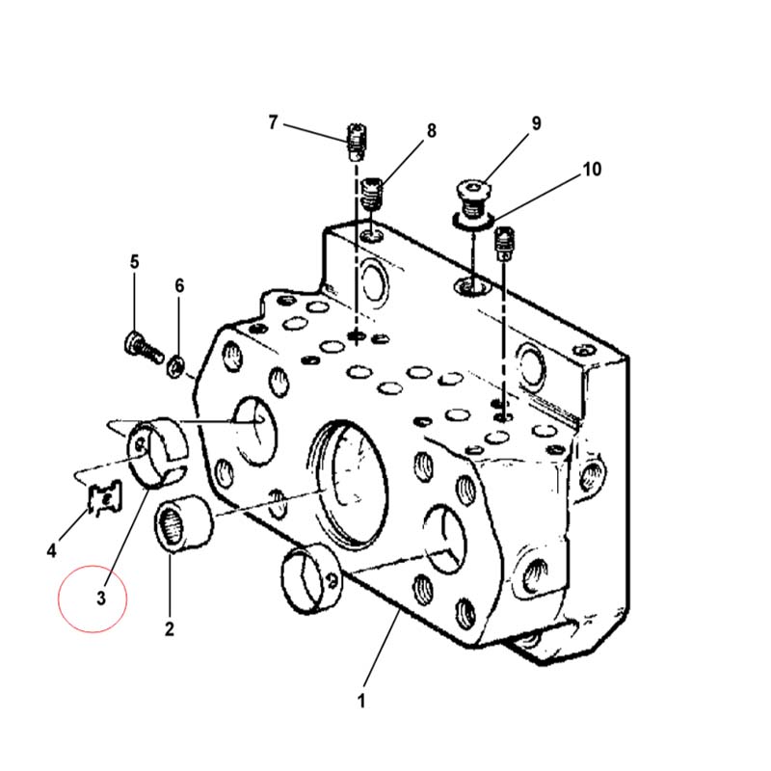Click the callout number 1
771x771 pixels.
click(361, 701)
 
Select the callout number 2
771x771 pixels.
click(170, 629)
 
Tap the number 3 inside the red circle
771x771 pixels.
click(101, 598)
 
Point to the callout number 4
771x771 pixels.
click(52, 550)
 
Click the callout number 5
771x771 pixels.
click(134, 261)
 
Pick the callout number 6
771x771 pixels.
click(179, 285)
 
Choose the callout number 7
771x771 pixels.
click(274, 122)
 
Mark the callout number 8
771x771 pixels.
click(431, 131)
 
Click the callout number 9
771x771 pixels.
click(537, 123)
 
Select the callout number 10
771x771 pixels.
click(592, 170)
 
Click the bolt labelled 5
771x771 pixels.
click(142, 348)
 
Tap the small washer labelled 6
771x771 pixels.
click(175, 366)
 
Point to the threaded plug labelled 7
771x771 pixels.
click(357, 141)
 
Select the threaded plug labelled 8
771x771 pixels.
click(372, 194)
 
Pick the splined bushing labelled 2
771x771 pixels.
click(183, 525)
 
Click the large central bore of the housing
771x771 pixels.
click(348, 484)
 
